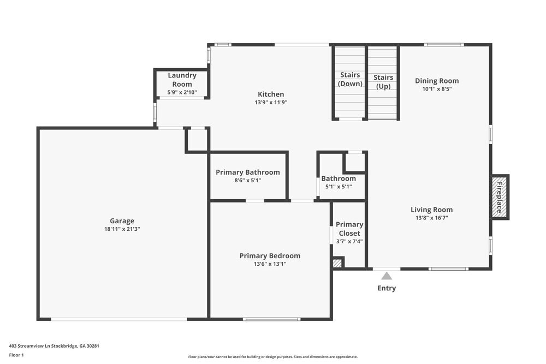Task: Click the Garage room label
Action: coord(122,221)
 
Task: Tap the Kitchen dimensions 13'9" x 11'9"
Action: coord(271,102)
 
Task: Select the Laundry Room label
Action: coord(182,80)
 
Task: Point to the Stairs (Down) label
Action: coord(350,79)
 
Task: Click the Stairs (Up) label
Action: coord(383,82)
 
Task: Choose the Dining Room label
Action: coord(437,81)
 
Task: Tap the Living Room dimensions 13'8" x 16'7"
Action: coord(431,218)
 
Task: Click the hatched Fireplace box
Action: coord(500,197)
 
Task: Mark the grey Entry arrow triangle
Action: coord(387,276)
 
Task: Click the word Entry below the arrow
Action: coord(387,288)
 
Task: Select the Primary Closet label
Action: coord(349,229)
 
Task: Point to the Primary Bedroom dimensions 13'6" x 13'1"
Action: coord(270,264)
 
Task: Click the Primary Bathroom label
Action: coord(247,172)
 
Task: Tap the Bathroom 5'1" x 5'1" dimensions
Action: coord(339,187)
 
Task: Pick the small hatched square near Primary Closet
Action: coord(337,263)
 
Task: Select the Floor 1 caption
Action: coord(16,355)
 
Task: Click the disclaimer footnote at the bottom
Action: coord(272,357)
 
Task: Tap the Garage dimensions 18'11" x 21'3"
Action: coord(122,229)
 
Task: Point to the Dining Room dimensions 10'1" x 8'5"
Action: coord(437,89)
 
